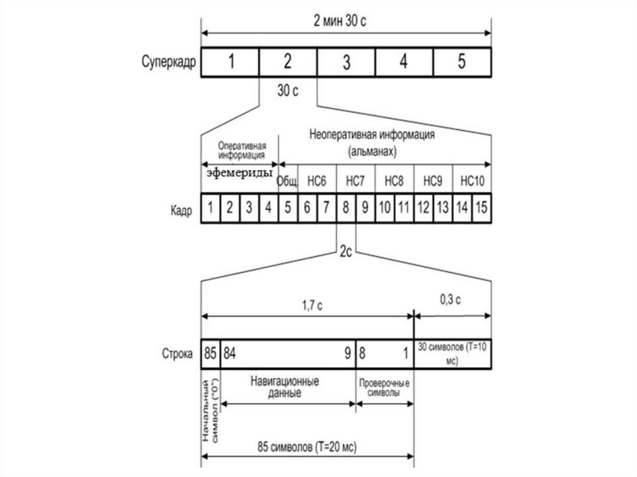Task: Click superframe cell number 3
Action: coord(346,62)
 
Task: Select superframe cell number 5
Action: coord(462,62)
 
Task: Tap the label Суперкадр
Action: coord(167,62)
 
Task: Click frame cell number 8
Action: coord(345,210)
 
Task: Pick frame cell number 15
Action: coord(481,210)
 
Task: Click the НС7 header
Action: coord(355,181)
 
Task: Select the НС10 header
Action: coord(472,181)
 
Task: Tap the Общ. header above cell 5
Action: coord(288,181)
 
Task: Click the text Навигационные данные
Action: coord(287,387)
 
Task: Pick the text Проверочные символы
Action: coord(384,387)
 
